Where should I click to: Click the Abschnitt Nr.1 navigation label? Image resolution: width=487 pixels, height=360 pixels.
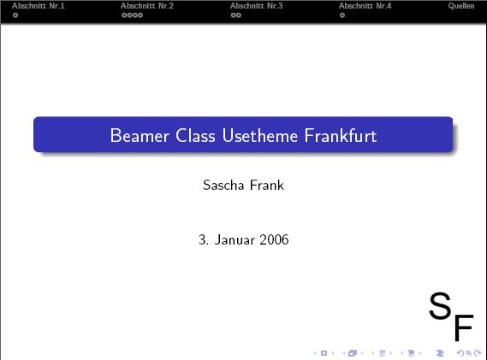click(x=39, y=6)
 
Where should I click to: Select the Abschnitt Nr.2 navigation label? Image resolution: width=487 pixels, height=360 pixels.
click(x=147, y=6)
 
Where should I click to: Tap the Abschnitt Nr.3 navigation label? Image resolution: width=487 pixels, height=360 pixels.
click(x=257, y=6)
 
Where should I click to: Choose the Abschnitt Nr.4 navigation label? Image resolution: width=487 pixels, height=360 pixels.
click(x=365, y=6)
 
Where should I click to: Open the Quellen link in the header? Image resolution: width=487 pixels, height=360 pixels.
click(x=461, y=6)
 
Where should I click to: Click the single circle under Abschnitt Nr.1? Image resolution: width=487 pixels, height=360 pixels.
click(x=15, y=15)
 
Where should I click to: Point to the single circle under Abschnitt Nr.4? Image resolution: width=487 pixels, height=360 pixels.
click(x=342, y=15)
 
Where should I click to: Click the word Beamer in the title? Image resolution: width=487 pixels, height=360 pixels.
click(x=140, y=136)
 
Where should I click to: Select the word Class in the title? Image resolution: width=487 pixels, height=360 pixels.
click(x=195, y=136)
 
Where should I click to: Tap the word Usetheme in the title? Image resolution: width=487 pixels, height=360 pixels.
click(x=260, y=136)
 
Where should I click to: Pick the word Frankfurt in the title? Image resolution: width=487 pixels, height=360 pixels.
click(x=341, y=136)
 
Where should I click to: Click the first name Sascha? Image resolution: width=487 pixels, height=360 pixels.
click(x=223, y=185)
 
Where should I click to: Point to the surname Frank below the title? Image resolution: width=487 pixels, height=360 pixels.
click(x=267, y=185)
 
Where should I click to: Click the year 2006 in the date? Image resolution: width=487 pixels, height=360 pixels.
click(x=274, y=239)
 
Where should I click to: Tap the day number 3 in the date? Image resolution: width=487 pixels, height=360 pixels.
click(x=202, y=239)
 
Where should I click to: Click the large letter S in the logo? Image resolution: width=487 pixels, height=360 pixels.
click(x=440, y=305)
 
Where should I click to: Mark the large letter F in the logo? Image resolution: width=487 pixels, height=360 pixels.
click(x=464, y=328)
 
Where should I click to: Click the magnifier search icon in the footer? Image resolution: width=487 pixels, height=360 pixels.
click(x=469, y=353)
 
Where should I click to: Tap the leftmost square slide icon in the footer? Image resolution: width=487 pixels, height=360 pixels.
click(x=324, y=353)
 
